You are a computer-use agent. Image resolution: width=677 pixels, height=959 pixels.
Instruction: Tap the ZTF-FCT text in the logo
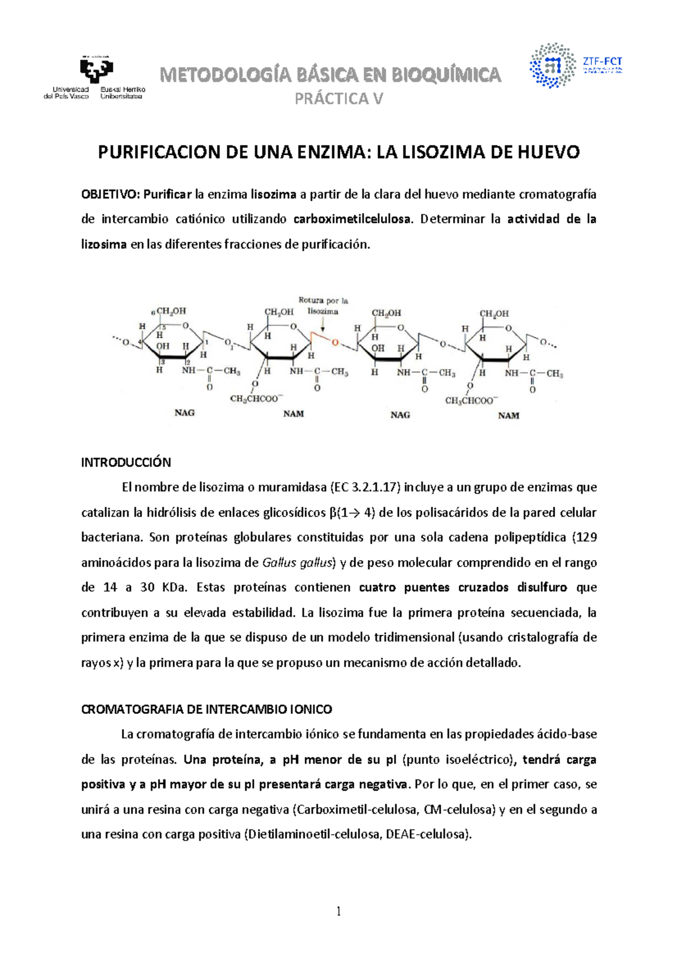click(602, 62)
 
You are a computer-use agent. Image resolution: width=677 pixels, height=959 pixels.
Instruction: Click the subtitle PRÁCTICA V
click(338, 99)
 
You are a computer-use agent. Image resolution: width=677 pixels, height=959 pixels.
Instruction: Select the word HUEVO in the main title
click(548, 152)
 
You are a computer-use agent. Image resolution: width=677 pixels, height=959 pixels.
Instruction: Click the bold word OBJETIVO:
click(110, 195)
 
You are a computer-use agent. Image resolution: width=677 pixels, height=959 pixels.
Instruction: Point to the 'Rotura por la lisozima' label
click(323, 306)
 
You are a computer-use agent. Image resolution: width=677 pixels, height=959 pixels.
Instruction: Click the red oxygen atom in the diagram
click(335, 343)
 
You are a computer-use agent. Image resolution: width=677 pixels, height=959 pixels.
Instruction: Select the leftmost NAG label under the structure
click(184, 413)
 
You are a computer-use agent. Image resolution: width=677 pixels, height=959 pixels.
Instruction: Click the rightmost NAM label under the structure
click(508, 416)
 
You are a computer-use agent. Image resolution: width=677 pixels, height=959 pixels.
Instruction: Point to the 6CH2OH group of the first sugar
click(169, 311)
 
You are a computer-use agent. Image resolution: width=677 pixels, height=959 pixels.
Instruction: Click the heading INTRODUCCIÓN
click(126, 463)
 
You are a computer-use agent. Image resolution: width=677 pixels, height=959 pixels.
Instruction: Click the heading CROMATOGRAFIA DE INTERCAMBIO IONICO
click(206, 709)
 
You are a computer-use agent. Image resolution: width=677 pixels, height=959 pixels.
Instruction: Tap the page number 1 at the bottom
click(338, 911)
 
